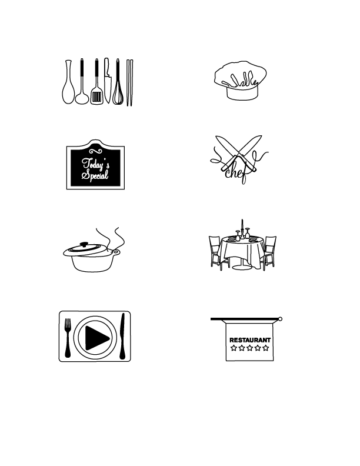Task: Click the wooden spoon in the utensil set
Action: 67,91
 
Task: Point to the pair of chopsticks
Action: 130,82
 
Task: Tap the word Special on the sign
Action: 95,175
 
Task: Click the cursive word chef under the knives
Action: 234,171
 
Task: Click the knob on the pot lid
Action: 85,244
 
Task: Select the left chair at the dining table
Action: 216,252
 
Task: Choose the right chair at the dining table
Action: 269,252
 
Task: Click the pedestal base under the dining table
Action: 242,268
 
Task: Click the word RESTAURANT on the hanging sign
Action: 250,340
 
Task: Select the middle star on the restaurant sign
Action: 250,348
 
